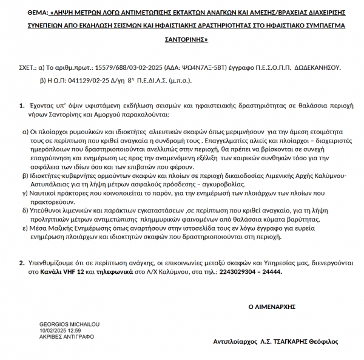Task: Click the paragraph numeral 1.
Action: coord(22,105)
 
